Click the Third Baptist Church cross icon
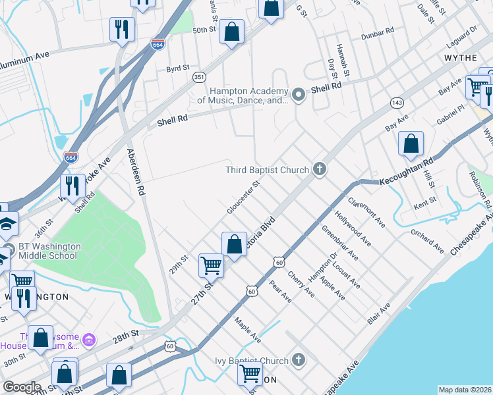[319, 170]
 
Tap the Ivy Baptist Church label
[252, 361]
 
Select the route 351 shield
[198, 78]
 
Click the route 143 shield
[396, 103]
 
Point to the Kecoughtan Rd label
[407, 171]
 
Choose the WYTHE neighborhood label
[461, 59]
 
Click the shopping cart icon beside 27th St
[211, 265]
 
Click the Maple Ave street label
[248, 329]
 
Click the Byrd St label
[177, 68]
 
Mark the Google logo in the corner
[21, 387]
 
